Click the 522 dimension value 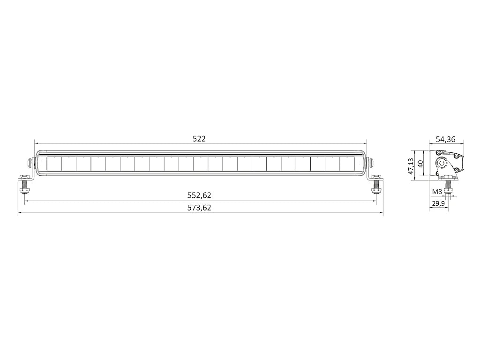(x=199, y=139)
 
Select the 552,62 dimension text (x=199, y=195)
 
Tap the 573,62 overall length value (x=199, y=208)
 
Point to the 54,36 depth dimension (x=446, y=139)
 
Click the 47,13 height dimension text (x=412, y=166)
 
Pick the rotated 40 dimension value (x=420, y=164)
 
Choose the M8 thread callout (x=437, y=192)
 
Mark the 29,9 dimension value (x=438, y=203)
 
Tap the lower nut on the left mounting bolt (x=24, y=190)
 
